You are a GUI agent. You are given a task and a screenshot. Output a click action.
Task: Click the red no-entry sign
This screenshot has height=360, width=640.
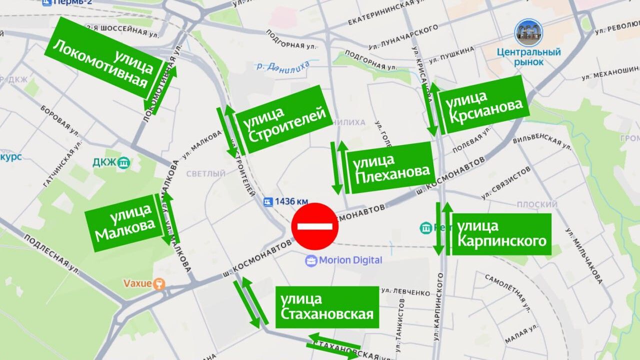click(315, 226)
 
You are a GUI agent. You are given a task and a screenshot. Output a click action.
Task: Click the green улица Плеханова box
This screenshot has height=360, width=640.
click(390, 167)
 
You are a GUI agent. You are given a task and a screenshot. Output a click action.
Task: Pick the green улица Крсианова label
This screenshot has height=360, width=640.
click(484, 105)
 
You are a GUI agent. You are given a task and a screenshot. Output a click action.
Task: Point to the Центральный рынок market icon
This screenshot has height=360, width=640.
click(529, 33)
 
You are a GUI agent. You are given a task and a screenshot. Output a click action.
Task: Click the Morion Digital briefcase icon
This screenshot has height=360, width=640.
click(311, 260)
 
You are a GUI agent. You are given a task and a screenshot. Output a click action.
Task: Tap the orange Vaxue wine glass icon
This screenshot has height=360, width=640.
click(159, 283)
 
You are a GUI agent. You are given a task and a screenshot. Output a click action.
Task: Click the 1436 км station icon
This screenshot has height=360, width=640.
click(268, 201)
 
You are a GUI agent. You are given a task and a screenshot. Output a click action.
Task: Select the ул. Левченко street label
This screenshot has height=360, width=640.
click(405, 291)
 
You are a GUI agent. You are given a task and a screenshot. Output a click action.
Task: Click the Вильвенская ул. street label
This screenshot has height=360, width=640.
click(545, 142)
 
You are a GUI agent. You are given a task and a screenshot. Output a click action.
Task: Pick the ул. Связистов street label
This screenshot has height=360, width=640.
click(505, 182)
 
